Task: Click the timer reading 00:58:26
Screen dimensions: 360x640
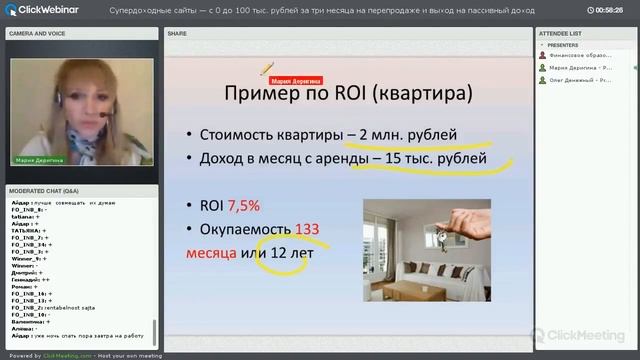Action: pos(609,9)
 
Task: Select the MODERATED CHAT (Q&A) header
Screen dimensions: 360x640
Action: pos(44,189)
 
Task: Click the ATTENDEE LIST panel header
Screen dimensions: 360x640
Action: pos(561,33)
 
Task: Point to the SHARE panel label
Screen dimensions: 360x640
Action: pos(177,33)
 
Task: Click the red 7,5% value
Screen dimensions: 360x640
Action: pos(244,206)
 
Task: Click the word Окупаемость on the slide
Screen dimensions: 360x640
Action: pos(245,230)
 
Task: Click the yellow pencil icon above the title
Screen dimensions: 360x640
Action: pos(266,69)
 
